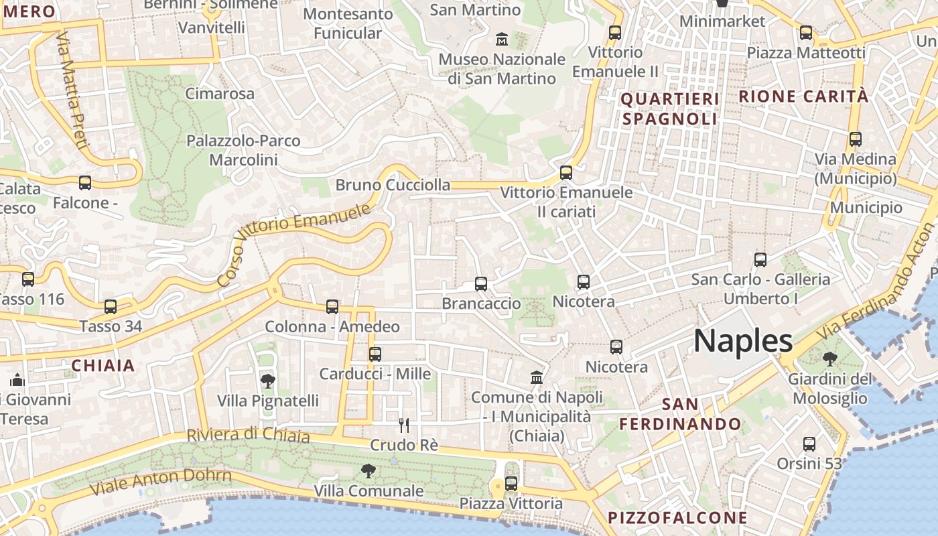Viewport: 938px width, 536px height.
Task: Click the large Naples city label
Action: (x=743, y=341)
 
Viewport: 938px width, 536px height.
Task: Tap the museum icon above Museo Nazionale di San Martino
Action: (x=502, y=39)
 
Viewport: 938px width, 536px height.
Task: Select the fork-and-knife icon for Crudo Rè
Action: (x=404, y=425)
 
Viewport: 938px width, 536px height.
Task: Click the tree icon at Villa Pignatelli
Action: (x=267, y=381)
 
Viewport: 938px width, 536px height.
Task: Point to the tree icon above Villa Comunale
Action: (x=368, y=471)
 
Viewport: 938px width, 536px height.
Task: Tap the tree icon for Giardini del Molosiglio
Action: (x=830, y=359)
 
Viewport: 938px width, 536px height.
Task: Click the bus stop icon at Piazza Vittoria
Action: (x=511, y=483)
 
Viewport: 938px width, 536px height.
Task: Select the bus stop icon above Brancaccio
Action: (x=481, y=284)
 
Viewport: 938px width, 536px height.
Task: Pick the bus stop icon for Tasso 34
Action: (x=111, y=307)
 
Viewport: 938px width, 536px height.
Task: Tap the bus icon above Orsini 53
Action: (x=809, y=444)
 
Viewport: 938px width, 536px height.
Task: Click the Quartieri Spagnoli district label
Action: (x=670, y=109)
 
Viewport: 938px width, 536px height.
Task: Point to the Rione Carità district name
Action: (x=803, y=96)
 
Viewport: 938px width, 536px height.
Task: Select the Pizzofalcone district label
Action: (x=677, y=517)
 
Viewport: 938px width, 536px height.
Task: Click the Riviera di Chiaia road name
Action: (x=248, y=435)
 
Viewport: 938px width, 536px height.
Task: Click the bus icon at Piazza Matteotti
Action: (x=806, y=32)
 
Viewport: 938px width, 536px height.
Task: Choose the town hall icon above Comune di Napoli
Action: (x=537, y=378)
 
